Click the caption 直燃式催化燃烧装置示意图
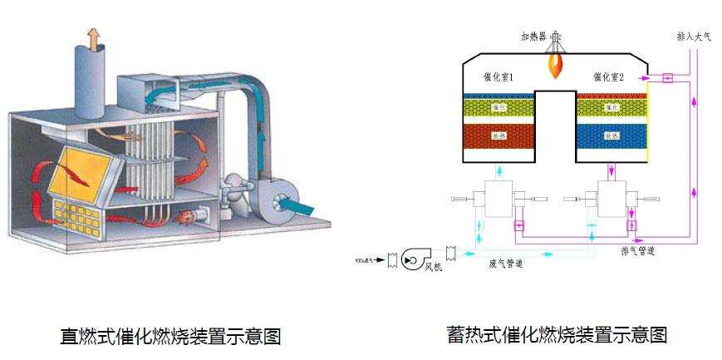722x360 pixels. (x=170, y=337)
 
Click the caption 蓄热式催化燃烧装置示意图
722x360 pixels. (x=556, y=334)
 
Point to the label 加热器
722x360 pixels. (x=535, y=37)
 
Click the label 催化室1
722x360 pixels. (x=499, y=76)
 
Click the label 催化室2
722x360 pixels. (x=609, y=76)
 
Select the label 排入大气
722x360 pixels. (x=694, y=37)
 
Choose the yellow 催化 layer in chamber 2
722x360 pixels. (x=611, y=107)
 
